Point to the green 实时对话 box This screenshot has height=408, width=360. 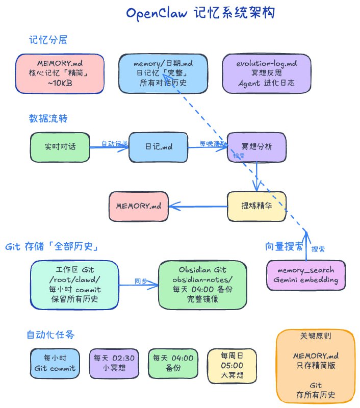[60, 147]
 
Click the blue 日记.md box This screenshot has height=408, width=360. [158, 147]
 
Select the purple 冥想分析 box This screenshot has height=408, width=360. [256, 147]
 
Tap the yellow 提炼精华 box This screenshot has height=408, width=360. [256, 206]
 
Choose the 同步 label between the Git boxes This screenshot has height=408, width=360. [140, 280]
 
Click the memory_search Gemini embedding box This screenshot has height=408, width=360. [305, 276]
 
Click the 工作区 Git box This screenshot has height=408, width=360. [74, 285]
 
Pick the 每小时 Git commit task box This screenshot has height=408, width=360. [55, 363]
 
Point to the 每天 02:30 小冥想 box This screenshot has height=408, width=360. [114, 363]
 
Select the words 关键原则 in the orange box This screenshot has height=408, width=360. [315, 337]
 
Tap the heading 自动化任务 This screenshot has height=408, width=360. [50, 335]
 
